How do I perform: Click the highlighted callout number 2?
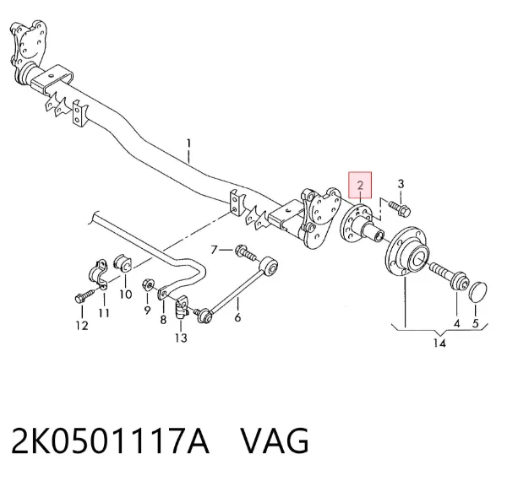pos(360,186)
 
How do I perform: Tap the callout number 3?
pos(401,184)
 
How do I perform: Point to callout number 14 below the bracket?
pos(439,343)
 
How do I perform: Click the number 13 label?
pos(181,338)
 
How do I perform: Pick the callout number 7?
pos(214,250)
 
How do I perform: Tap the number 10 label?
pos(125,295)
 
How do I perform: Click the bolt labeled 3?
pos(400,208)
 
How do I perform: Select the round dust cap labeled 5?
pos(477,292)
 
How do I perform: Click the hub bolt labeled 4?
pos(449,275)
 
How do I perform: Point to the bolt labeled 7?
pos(246,253)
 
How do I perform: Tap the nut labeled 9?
pos(147,285)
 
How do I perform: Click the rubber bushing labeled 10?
pos(123,263)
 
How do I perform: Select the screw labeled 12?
pos(85,296)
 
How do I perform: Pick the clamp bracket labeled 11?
pos(98,273)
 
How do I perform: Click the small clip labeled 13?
pos(182,307)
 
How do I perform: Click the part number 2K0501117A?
pos(110,440)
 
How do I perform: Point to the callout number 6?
pos(237,317)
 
